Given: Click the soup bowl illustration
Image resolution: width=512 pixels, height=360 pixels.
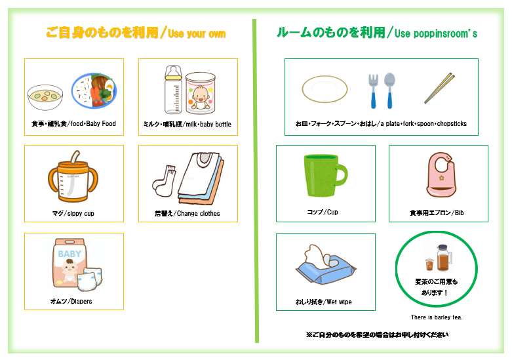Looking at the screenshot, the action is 45,97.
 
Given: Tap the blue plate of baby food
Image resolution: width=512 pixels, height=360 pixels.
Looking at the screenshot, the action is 94,90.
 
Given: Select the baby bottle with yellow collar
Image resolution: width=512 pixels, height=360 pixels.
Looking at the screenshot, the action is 173,90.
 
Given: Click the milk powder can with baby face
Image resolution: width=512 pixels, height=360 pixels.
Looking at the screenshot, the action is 201,93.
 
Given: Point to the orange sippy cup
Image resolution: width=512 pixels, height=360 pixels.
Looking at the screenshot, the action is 73,177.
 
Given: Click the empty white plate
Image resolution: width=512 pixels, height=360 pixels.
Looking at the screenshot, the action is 325,89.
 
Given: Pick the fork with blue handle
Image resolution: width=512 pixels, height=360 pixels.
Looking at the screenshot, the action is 373,91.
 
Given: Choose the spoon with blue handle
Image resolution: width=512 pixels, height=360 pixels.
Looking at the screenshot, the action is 389,90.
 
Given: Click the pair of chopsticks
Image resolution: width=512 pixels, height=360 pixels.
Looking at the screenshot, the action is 439,89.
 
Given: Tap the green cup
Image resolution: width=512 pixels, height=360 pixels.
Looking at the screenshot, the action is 325,176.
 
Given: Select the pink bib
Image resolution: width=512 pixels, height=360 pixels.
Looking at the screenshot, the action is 441,175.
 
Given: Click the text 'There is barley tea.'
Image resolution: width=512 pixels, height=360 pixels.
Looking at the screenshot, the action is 437,317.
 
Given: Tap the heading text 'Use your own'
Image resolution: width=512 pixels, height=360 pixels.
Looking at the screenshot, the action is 197,33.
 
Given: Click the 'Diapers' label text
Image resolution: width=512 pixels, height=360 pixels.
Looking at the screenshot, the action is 81,301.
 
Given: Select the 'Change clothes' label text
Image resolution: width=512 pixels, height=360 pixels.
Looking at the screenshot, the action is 198,213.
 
